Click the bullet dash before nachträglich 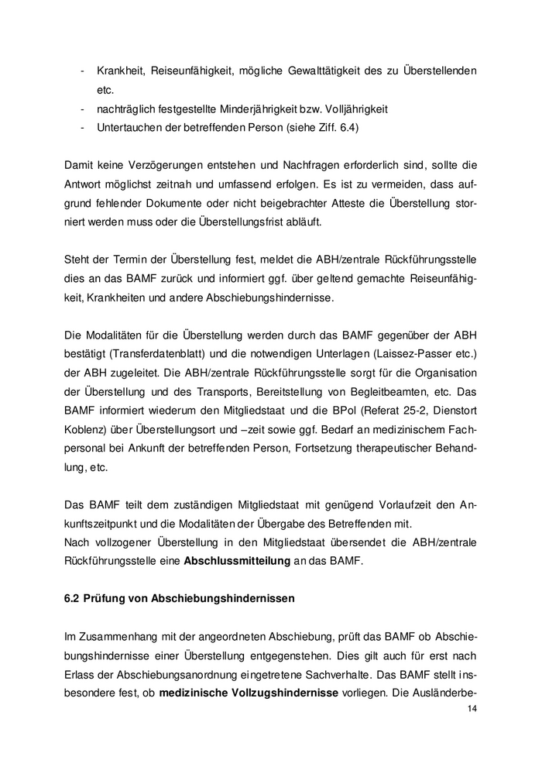[82, 108]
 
